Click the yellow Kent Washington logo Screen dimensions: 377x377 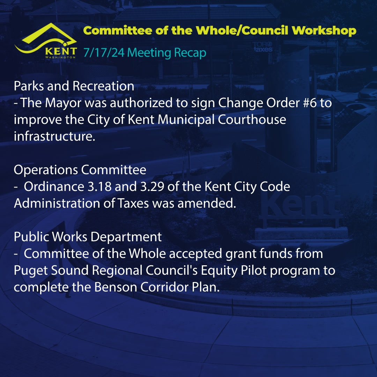click(x=46, y=41)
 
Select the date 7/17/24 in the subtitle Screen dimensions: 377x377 click(x=104, y=53)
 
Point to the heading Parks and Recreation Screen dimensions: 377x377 click(x=74, y=86)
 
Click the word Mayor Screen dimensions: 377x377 click(x=63, y=103)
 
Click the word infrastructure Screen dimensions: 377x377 click(x=54, y=136)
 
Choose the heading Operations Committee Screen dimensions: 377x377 click(x=80, y=170)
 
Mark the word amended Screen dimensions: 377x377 click(x=207, y=204)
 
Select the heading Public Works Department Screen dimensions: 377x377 click(x=88, y=237)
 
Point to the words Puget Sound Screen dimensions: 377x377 click(x=51, y=271)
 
